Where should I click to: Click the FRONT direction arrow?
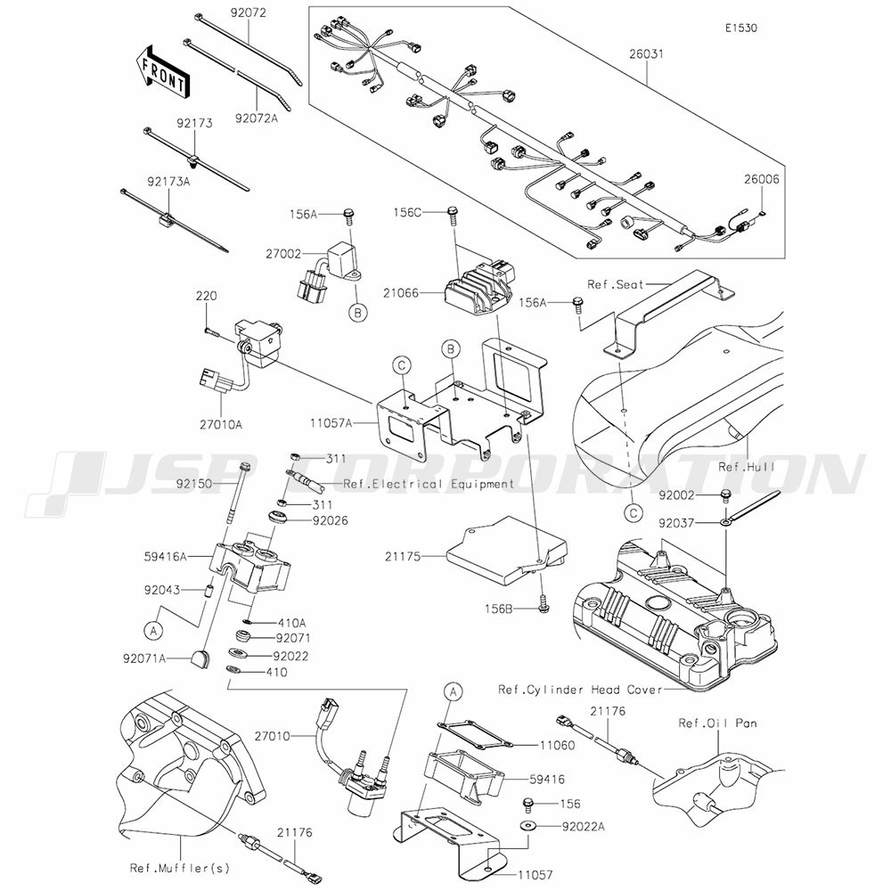pos(162,70)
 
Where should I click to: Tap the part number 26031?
pos(646,54)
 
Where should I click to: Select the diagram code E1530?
pos(741,28)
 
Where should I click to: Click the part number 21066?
pos(401,293)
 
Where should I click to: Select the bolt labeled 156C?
pos(453,215)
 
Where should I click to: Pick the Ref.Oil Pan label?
pos(717,723)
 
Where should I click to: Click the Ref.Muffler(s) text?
pos(180,868)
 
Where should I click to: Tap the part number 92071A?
pos(143,658)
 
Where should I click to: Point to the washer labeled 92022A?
pos(527,825)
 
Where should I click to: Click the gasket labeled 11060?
pos(475,733)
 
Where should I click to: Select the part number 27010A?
pos(220,424)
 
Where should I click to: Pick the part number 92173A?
pos(168,182)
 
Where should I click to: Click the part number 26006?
pos(762,180)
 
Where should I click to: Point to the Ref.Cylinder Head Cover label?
pos(580,690)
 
